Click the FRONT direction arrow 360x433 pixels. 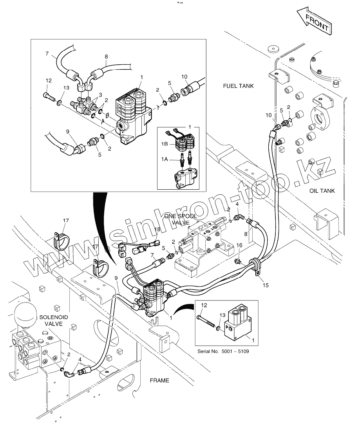tap(315, 22)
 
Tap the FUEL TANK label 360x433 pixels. tap(238, 86)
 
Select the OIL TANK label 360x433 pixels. tap(322, 191)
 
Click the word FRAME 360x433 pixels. tap(159, 380)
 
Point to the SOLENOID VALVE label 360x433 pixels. tap(54, 320)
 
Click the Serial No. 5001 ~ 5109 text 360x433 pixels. tap(223, 351)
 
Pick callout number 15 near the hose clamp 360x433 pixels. tap(265, 285)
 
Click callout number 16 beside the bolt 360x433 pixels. tap(239, 245)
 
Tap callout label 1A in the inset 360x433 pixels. tap(165, 159)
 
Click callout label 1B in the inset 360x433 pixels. tap(165, 143)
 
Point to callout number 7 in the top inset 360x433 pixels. tap(47, 53)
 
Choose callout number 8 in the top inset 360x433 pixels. tap(106, 56)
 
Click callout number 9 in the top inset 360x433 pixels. tap(68, 132)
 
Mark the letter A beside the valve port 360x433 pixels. tap(103, 121)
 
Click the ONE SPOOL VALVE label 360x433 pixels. tap(181, 219)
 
